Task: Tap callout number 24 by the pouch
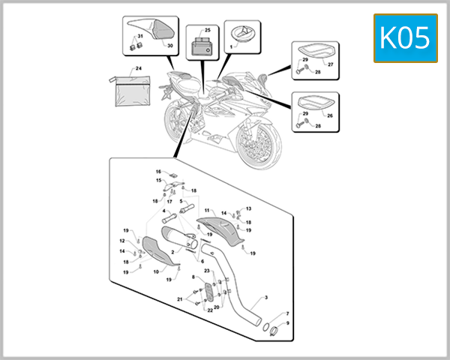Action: tap(138, 68)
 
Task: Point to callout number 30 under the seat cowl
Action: tap(169, 46)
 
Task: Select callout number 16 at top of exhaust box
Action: tap(159, 172)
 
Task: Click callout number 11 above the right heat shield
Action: tap(207, 210)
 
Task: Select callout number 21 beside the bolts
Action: tap(180, 298)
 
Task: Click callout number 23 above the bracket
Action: tap(206, 270)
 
